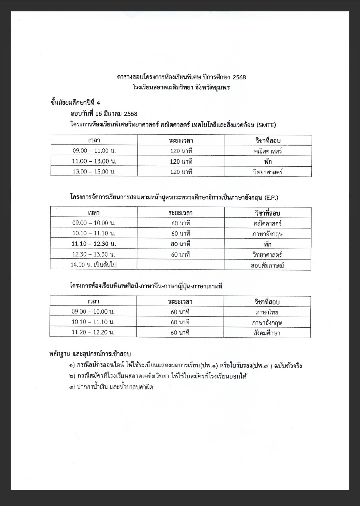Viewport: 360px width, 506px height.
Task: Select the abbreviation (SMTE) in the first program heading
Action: pyautogui.click(x=266, y=125)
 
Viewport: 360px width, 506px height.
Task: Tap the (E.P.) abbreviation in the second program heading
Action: pyautogui.click(x=271, y=197)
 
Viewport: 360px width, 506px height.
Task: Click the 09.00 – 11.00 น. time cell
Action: pyautogui.click(x=94, y=151)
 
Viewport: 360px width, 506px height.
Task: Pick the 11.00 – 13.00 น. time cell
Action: pyautogui.click(x=94, y=161)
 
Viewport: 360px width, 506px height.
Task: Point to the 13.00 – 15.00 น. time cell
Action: pyautogui.click(x=94, y=172)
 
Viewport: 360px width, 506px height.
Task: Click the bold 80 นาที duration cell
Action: pyautogui.click(x=181, y=244)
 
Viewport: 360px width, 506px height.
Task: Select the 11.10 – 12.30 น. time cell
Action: pyautogui.click(x=94, y=244)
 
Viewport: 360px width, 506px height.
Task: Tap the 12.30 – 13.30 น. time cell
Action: pyautogui.click(x=94, y=255)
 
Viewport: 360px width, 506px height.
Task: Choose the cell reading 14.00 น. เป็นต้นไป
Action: pyautogui.click(x=94, y=265)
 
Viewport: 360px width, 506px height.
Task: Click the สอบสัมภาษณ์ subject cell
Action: pyautogui.click(x=267, y=266)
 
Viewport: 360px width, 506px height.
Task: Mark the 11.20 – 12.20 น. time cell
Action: pyautogui.click(x=93, y=332)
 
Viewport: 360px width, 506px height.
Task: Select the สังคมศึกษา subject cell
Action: pyautogui.click(x=267, y=333)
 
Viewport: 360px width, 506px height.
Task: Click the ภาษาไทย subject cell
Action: pyautogui.click(x=267, y=312)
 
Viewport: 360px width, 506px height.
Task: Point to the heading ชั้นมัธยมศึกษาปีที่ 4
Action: pyautogui.click(x=75, y=102)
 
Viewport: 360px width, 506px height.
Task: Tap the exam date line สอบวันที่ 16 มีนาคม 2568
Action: pyautogui.click(x=104, y=114)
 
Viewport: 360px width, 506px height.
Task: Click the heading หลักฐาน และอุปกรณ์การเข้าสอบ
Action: pyautogui.click(x=90, y=354)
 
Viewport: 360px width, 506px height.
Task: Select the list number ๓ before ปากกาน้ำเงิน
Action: pyautogui.click(x=71, y=387)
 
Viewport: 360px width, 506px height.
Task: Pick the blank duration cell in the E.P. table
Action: pyautogui.click(x=181, y=265)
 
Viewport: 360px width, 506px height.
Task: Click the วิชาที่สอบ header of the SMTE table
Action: pyautogui.click(x=268, y=140)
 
